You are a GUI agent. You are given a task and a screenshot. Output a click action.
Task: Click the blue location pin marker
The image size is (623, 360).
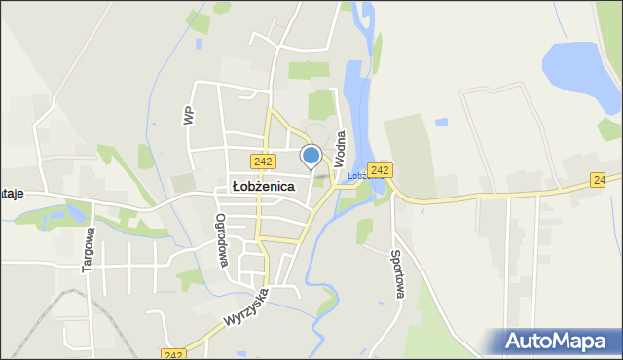coord(311,156)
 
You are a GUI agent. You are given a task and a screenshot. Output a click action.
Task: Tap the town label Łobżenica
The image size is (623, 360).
coord(263,186)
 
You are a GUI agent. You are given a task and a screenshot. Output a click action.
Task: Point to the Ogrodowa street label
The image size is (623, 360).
coord(222,240)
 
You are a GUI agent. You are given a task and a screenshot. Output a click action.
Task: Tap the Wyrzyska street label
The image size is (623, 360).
coord(245,306)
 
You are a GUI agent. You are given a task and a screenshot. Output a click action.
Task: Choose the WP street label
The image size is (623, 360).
coord(188,115)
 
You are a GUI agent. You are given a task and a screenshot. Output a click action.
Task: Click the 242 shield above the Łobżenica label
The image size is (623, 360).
coord(261,162)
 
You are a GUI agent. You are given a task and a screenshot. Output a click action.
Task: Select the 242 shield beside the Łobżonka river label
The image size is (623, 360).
coord(380,170)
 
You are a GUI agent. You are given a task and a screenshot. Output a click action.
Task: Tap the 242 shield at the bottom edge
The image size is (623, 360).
coord(174,355)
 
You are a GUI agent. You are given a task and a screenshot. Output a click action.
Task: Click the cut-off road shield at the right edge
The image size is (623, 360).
coord(600,181)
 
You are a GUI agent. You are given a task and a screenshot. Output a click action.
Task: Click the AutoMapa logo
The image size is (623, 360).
coord(557,342)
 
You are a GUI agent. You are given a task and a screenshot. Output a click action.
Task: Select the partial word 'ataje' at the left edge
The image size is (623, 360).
coord(11,195)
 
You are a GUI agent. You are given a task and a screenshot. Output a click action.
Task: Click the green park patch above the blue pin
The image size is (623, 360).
coord(320,103)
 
